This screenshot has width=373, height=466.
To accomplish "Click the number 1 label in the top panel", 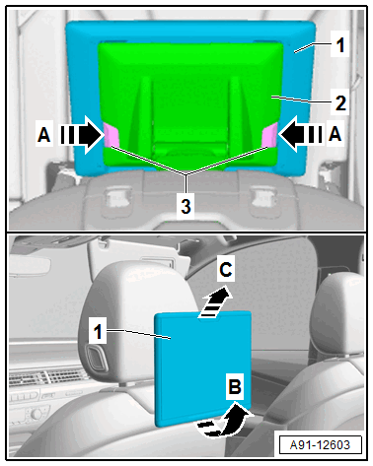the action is coord(340,45).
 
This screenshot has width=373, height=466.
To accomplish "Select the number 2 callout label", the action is coord(340,103).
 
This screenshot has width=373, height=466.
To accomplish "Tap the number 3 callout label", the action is coord(186,207).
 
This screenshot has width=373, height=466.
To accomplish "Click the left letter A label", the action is coord(44,134).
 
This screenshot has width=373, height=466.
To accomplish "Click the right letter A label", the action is coord(335,134).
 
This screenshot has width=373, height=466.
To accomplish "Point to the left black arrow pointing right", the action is coord(82,135).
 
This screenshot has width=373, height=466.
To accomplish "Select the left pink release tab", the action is coord(112,135).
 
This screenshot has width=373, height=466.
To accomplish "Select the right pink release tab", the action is coord(270,134).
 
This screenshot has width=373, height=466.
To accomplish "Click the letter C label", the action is coord(226,270).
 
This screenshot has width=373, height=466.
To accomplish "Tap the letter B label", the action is coord(235,387).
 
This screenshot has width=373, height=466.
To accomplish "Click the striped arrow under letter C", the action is coord(215,301).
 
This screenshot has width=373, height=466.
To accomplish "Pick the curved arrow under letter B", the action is coord(224,421).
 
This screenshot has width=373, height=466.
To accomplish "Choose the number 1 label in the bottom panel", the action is coord(98,332).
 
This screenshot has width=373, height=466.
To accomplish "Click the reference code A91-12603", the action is coord(320,445).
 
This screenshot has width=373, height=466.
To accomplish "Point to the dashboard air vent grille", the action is coord(49,378).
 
